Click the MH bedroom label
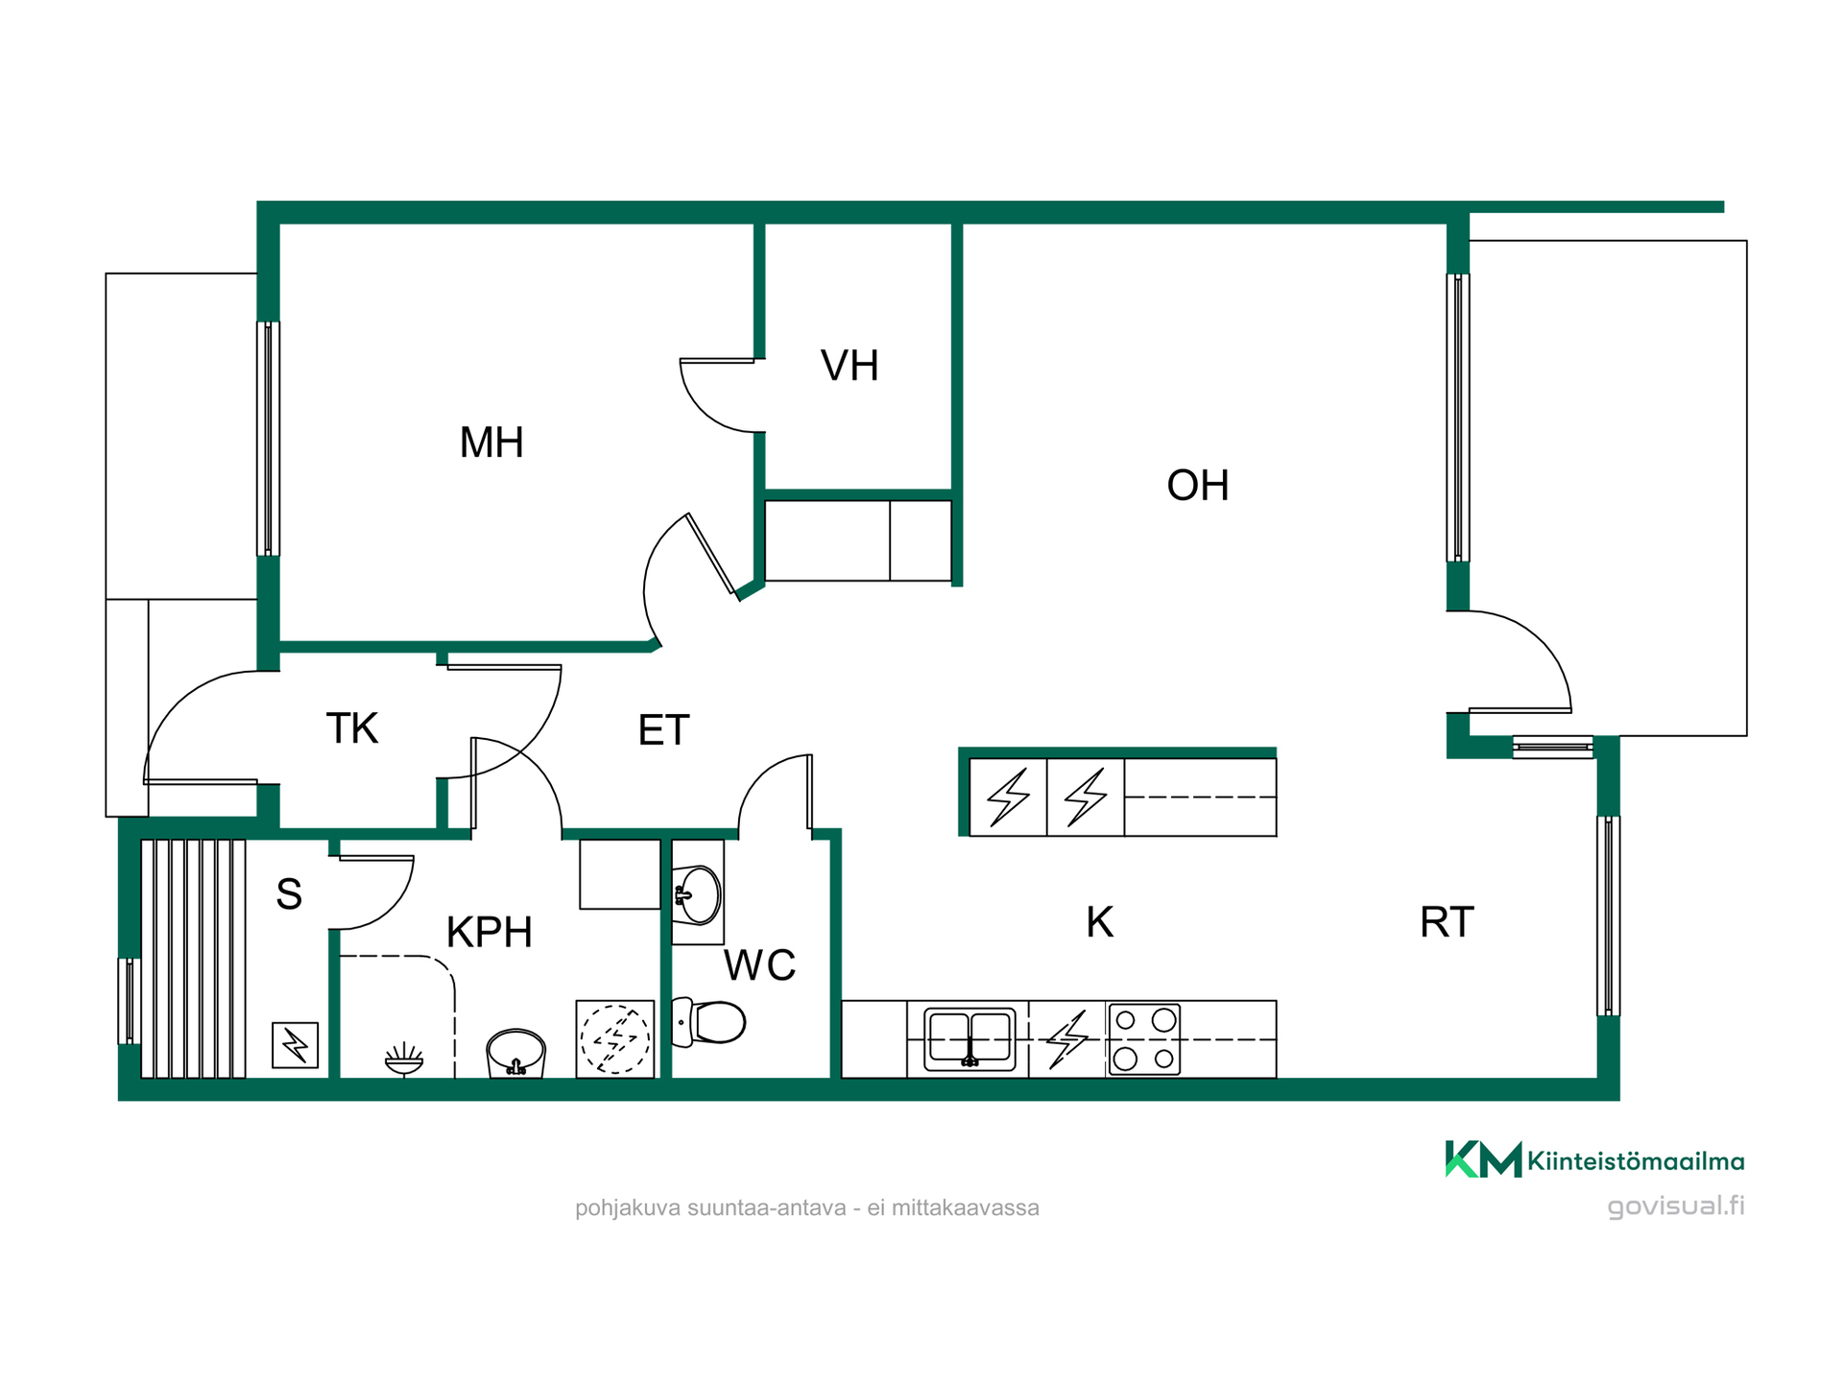coord(491,442)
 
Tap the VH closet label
coord(850,366)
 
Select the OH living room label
coord(1197,486)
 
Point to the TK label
coord(352,728)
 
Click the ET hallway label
coord(664,730)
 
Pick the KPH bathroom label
coord(490,932)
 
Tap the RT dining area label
coord(1447,922)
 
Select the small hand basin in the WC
coord(698,894)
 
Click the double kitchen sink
coord(969,1039)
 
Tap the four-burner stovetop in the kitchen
coord(1144,1039)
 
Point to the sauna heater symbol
coord(295,1045)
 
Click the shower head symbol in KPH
coord(403,1060)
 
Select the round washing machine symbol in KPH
coord(615,1038)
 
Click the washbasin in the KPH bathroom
coord(516,1053)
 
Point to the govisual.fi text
coord(1676,1206)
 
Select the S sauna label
coord(289,894)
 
